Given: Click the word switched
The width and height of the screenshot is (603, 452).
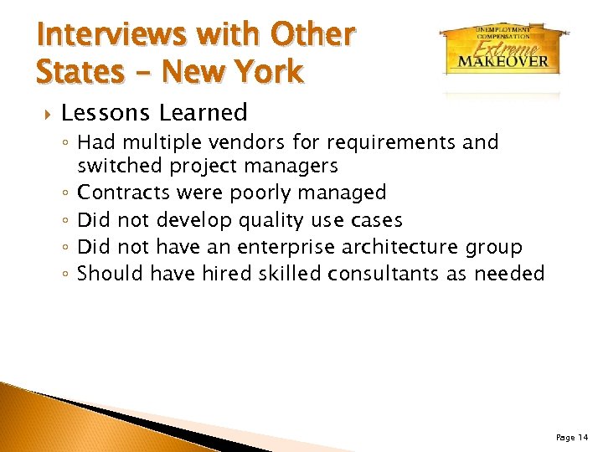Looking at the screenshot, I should (x=120, y=166).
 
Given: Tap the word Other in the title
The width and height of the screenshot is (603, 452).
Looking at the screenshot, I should (x=315, y=35).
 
